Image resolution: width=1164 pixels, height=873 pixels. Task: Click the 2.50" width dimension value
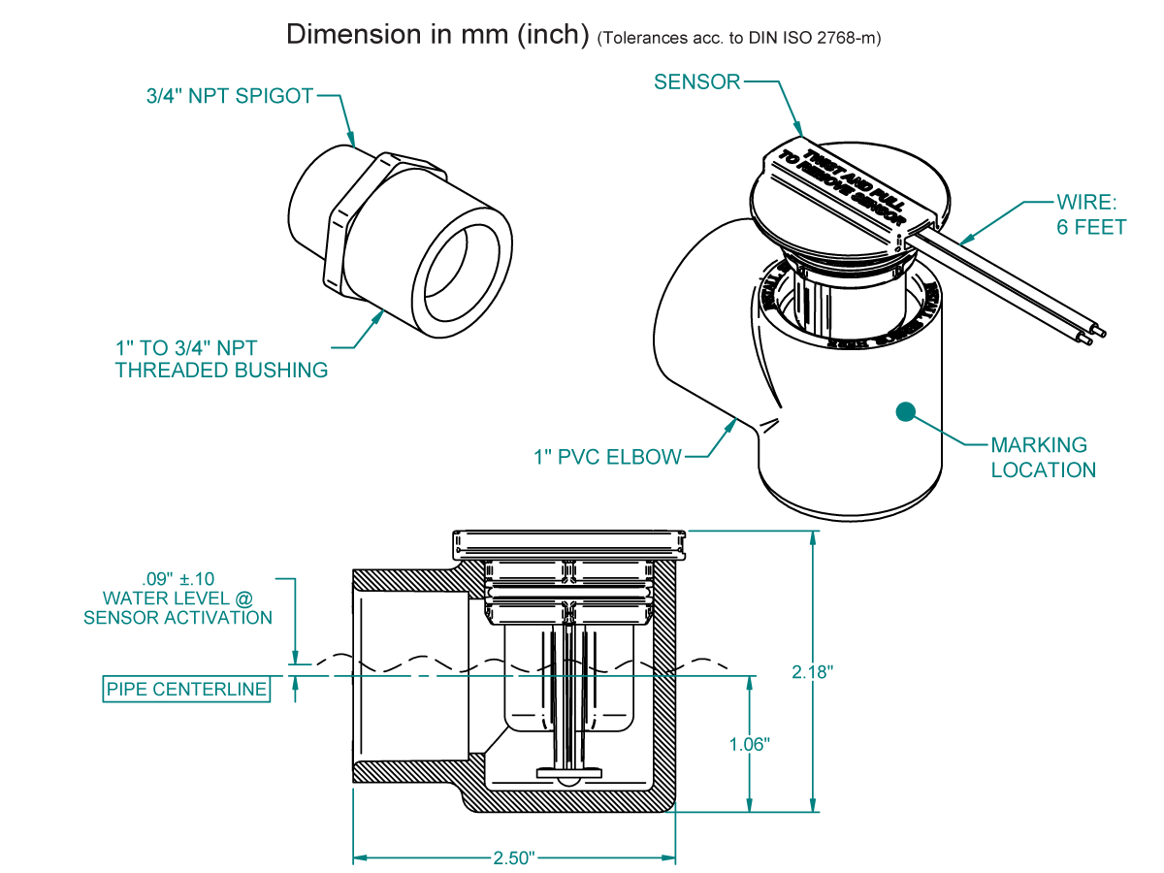[x=513, y=858]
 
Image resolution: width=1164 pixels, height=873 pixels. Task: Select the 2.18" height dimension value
[x=813, y=672]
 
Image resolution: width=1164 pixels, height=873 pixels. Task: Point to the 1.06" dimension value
[x=749, y=744]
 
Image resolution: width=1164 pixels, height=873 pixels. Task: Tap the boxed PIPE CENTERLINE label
[x=186, y=690]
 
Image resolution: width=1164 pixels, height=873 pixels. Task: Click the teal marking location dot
[x=906, y=411]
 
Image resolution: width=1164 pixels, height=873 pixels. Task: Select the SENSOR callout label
[x=696, y=82]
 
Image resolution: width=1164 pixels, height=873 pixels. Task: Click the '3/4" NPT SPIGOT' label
[x=224, y=96]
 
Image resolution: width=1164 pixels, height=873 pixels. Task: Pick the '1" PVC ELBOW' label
[x=607, y=457]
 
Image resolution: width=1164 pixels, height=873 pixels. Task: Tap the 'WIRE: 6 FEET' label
[x=1090, y=215]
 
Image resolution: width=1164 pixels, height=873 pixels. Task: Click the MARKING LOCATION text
[x=1043, y=458]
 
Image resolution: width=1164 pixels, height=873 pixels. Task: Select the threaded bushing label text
[x=221, y=358]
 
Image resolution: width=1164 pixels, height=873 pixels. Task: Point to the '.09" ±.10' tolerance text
[x=178, y=579]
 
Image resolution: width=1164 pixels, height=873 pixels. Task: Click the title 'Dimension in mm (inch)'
[x=437, y=35]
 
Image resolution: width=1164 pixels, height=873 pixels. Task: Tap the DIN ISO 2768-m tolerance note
[x=739, y=38]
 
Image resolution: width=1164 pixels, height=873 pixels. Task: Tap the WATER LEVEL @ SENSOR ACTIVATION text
[x=178, y=607]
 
